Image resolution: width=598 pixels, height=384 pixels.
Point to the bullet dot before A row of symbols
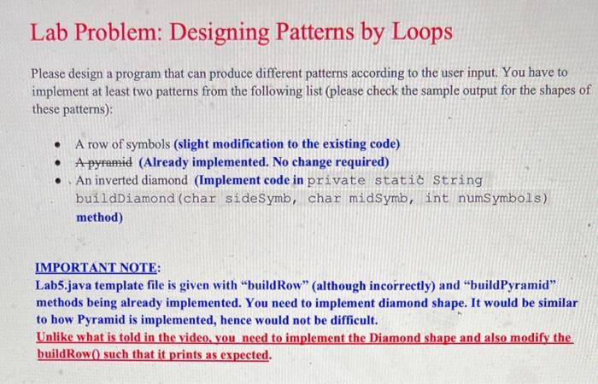pyautogui.click(x=55, y=144)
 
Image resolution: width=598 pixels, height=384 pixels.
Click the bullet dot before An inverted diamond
pyautogui.click(x=55, y=180)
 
